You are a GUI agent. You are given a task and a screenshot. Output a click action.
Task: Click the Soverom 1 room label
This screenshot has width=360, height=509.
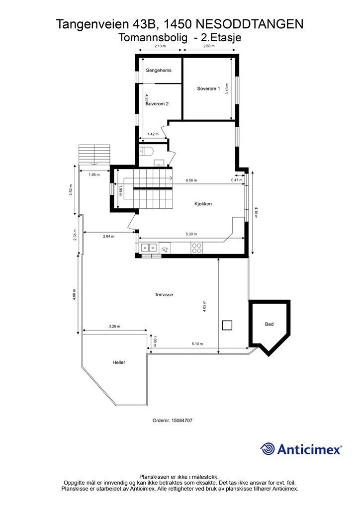tap(208, 88)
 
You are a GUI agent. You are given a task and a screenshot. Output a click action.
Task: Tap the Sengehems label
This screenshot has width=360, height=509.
tap(159, 70)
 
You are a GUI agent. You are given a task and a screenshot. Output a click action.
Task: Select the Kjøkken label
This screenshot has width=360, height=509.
tap(203, 204)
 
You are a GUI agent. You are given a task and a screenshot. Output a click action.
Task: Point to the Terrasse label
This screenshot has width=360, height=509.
tap(164, 295)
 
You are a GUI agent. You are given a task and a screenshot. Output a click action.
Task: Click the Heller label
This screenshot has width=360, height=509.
tap(119, 362)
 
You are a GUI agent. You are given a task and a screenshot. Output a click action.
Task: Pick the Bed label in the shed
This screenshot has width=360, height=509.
tap(269, 324)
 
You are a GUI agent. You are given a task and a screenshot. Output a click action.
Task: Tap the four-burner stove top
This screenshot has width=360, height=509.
tap(197, 248)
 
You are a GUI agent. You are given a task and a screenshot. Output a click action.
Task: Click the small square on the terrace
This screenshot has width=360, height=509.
tap(227, 325)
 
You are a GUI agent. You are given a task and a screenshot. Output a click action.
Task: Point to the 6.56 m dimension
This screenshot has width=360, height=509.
tap(191, 180)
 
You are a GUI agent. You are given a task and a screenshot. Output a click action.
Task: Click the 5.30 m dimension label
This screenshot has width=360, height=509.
tap(191, 234)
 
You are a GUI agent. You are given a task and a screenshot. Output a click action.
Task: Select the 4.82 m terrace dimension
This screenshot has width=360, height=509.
tap(204, 306)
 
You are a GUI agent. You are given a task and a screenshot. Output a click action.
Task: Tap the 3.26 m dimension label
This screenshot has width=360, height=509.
tap(114, 326)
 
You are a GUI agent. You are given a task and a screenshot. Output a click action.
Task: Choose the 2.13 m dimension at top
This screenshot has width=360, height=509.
tap(160, 46)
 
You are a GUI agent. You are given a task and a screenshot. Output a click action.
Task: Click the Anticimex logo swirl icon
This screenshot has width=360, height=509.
tap(268, 449)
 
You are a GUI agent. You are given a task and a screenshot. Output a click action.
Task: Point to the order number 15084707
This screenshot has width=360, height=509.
tap(173, 421)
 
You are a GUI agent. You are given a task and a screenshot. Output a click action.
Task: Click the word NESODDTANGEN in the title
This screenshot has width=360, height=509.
tap(250, 24)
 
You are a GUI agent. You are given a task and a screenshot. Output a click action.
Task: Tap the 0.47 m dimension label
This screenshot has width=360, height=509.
tap(237, 180)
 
